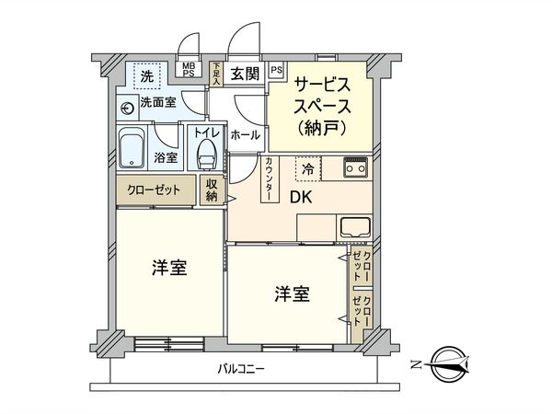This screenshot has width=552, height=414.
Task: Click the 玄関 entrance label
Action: pos(244,73)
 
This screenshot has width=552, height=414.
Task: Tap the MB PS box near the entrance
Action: pos(188,71)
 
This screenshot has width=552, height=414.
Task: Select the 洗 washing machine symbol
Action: pos(145,73)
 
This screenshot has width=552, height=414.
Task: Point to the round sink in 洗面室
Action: pos(127,105)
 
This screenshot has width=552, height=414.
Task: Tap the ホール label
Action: pos(245,134)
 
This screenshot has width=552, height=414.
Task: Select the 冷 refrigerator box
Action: pos(308,169)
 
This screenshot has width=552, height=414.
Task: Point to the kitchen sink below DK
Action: pos(354,226)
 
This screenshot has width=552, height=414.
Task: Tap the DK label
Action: pos(302,197)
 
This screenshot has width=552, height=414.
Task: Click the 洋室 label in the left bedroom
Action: pos(169,269)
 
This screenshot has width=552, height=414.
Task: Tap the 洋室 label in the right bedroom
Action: pos(292,294)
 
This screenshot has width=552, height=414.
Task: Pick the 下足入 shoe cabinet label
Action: pos(214,73)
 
